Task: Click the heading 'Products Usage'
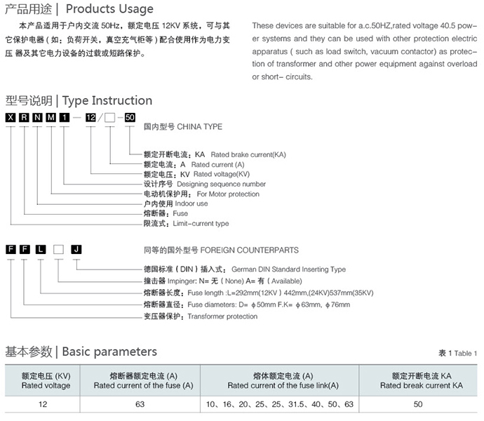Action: [x=109, y=9]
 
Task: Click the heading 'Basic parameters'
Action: [x=109, y=352]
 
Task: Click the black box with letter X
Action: [x=10, y=116]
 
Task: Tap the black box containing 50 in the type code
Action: [x=130, y=116]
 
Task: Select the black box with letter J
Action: [x=76, y=250]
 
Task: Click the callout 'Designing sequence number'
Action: [x=221, y=184]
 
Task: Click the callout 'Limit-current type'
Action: [x=201, y=223]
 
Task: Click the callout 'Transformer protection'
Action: [x=222, y=316]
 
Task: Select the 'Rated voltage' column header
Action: [x=46, y=385]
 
